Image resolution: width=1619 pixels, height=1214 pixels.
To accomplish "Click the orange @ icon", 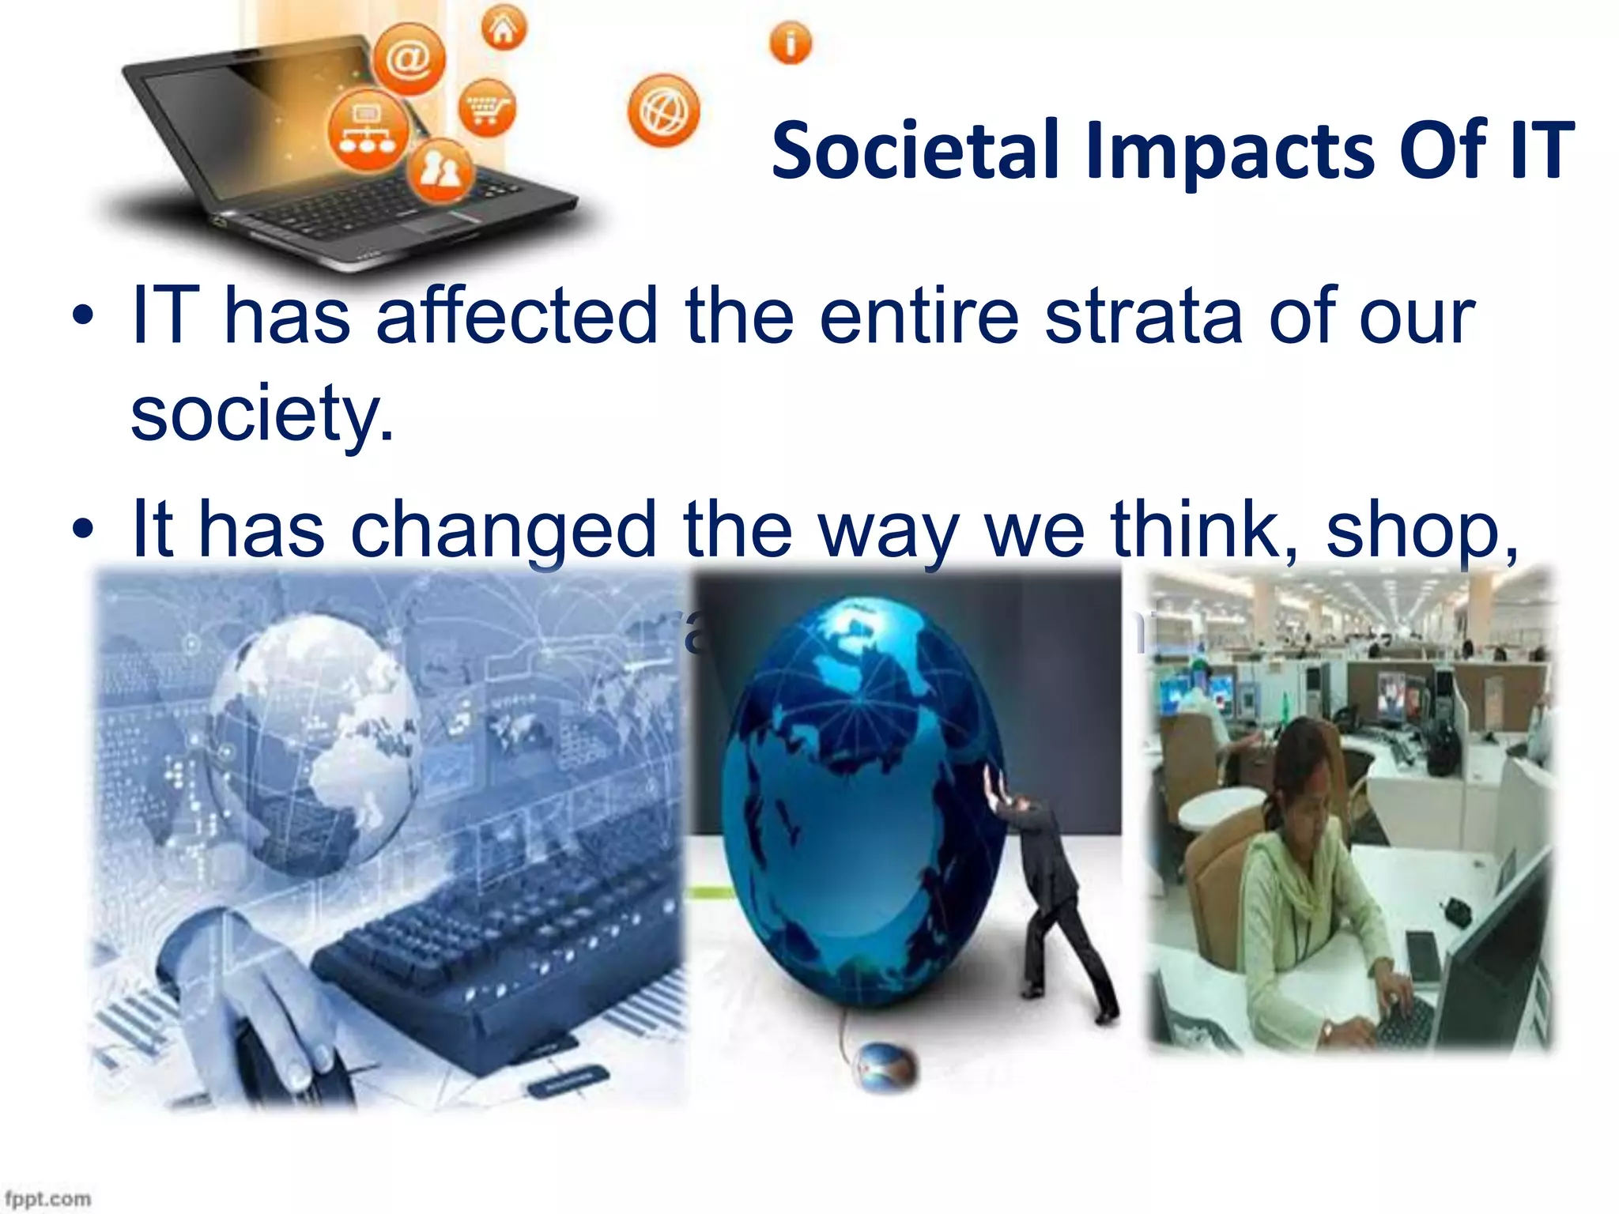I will [x=409, y=58].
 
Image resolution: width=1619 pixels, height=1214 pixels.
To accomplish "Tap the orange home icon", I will [x=504, y=28].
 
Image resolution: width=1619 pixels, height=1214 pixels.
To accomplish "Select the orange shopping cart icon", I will [x=487, y=107].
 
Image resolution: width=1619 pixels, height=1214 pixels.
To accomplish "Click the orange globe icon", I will [x=663, y=111].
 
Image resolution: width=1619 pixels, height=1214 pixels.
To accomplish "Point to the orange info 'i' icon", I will [x=790, y=43].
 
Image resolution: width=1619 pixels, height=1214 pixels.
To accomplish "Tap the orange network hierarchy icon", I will [x=368, y=130].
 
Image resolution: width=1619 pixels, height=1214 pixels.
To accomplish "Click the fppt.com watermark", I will [x=47, y=1198].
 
